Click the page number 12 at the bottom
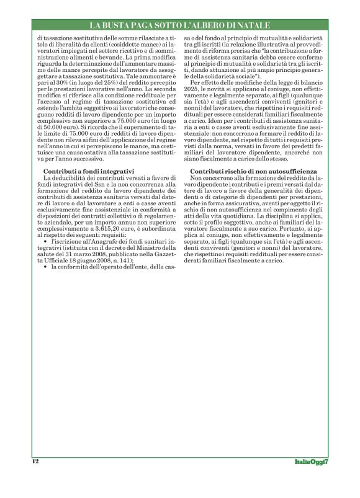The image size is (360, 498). [35, 461]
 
